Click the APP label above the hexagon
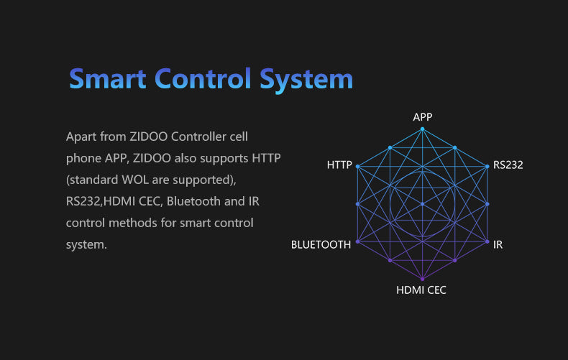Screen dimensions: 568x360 [x=422, y=117]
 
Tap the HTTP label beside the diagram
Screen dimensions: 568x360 [x=339, y=165]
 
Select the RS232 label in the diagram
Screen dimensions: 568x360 [x=508, y=165]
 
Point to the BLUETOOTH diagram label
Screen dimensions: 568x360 [x=321, y=245]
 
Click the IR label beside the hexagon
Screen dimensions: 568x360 [x=498, y=245]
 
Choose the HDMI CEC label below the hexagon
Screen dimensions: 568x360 [x=421, y=290]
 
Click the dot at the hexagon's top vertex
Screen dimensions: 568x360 [x=422, y=129]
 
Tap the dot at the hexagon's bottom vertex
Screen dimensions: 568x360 [x=422, y=279]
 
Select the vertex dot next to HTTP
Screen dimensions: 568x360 [x=357, y=167]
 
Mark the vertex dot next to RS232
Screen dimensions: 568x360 [x=487, y=167]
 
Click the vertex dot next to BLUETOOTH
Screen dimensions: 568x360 [x=357, y=241]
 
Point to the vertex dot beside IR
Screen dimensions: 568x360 [x=487, y=241]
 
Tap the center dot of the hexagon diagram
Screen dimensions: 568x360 [x=422, y=204]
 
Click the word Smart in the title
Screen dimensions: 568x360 [x=108, y=78]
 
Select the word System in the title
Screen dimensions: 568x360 [x=306, y=80]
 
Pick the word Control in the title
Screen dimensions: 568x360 [x=203, y=78]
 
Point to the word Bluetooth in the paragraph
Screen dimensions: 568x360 [x=194, y=201]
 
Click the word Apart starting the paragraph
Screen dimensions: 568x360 [x=81, y=138]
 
